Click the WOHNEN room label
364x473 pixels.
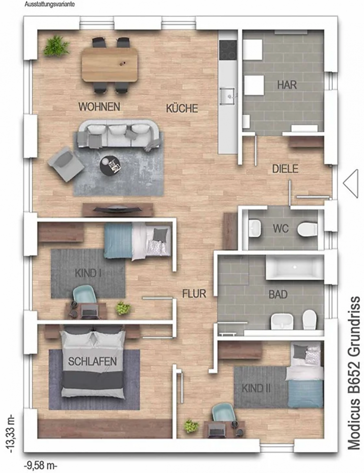coord(99,107)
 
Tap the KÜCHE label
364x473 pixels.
coord(182,108)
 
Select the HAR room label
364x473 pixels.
coord(287,85)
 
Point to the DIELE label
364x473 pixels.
coord(285,169)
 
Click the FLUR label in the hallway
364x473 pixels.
coord(194,293)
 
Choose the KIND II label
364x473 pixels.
coord(256,388)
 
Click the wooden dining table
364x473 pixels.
coord(109,64)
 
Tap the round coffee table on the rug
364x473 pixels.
coord(110,165)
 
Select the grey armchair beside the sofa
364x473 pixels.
coord(65,164)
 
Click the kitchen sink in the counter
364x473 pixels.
coord(227,96)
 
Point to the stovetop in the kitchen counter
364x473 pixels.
coord(228,50)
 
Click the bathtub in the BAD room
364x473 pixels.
coord(295,267)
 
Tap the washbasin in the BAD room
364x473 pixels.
coord(282,321)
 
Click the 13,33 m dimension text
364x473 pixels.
coord(11,434)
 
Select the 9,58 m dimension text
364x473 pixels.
coord(40,465)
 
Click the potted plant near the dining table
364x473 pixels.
coord(56,46)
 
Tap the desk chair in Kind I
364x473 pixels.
coord(84,294)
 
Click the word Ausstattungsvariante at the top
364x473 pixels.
coord(50,5)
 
